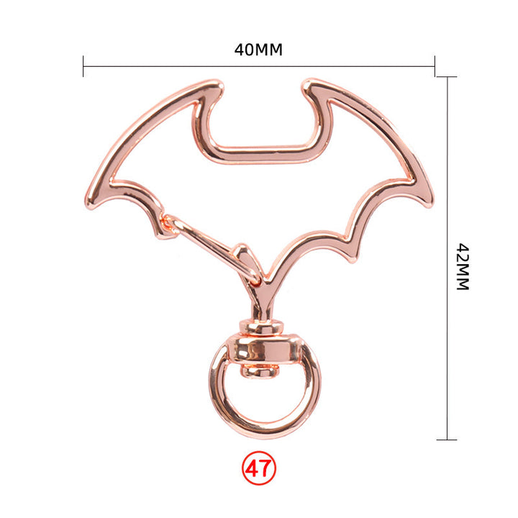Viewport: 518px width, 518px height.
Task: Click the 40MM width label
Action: [258, 50]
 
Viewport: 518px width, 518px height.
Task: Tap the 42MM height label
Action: [463, 267]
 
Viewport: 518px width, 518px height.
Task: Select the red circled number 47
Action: [259, 468]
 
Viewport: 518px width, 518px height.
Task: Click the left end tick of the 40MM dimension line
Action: [83, 66]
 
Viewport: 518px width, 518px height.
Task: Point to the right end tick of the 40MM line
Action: [435, 66]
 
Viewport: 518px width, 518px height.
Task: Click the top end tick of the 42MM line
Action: [447, 77]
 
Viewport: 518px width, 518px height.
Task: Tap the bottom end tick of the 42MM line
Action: [447, 440]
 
